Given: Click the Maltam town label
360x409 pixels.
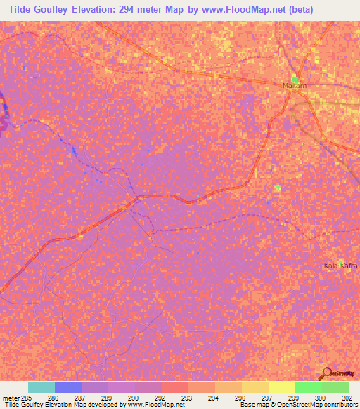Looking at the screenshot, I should coord(296,86).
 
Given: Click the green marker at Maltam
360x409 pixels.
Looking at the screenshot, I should coord(296,79).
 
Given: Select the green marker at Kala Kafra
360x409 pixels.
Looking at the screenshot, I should coord(341,260).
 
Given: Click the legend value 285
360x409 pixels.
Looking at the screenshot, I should coord(22,398).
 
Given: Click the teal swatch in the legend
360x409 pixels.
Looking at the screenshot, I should coord(41,387).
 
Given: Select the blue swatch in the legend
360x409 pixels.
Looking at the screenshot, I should coord(67,387).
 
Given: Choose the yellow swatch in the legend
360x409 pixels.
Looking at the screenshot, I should coord(282,387).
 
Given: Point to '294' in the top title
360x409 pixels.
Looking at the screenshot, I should coord(117,9).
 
